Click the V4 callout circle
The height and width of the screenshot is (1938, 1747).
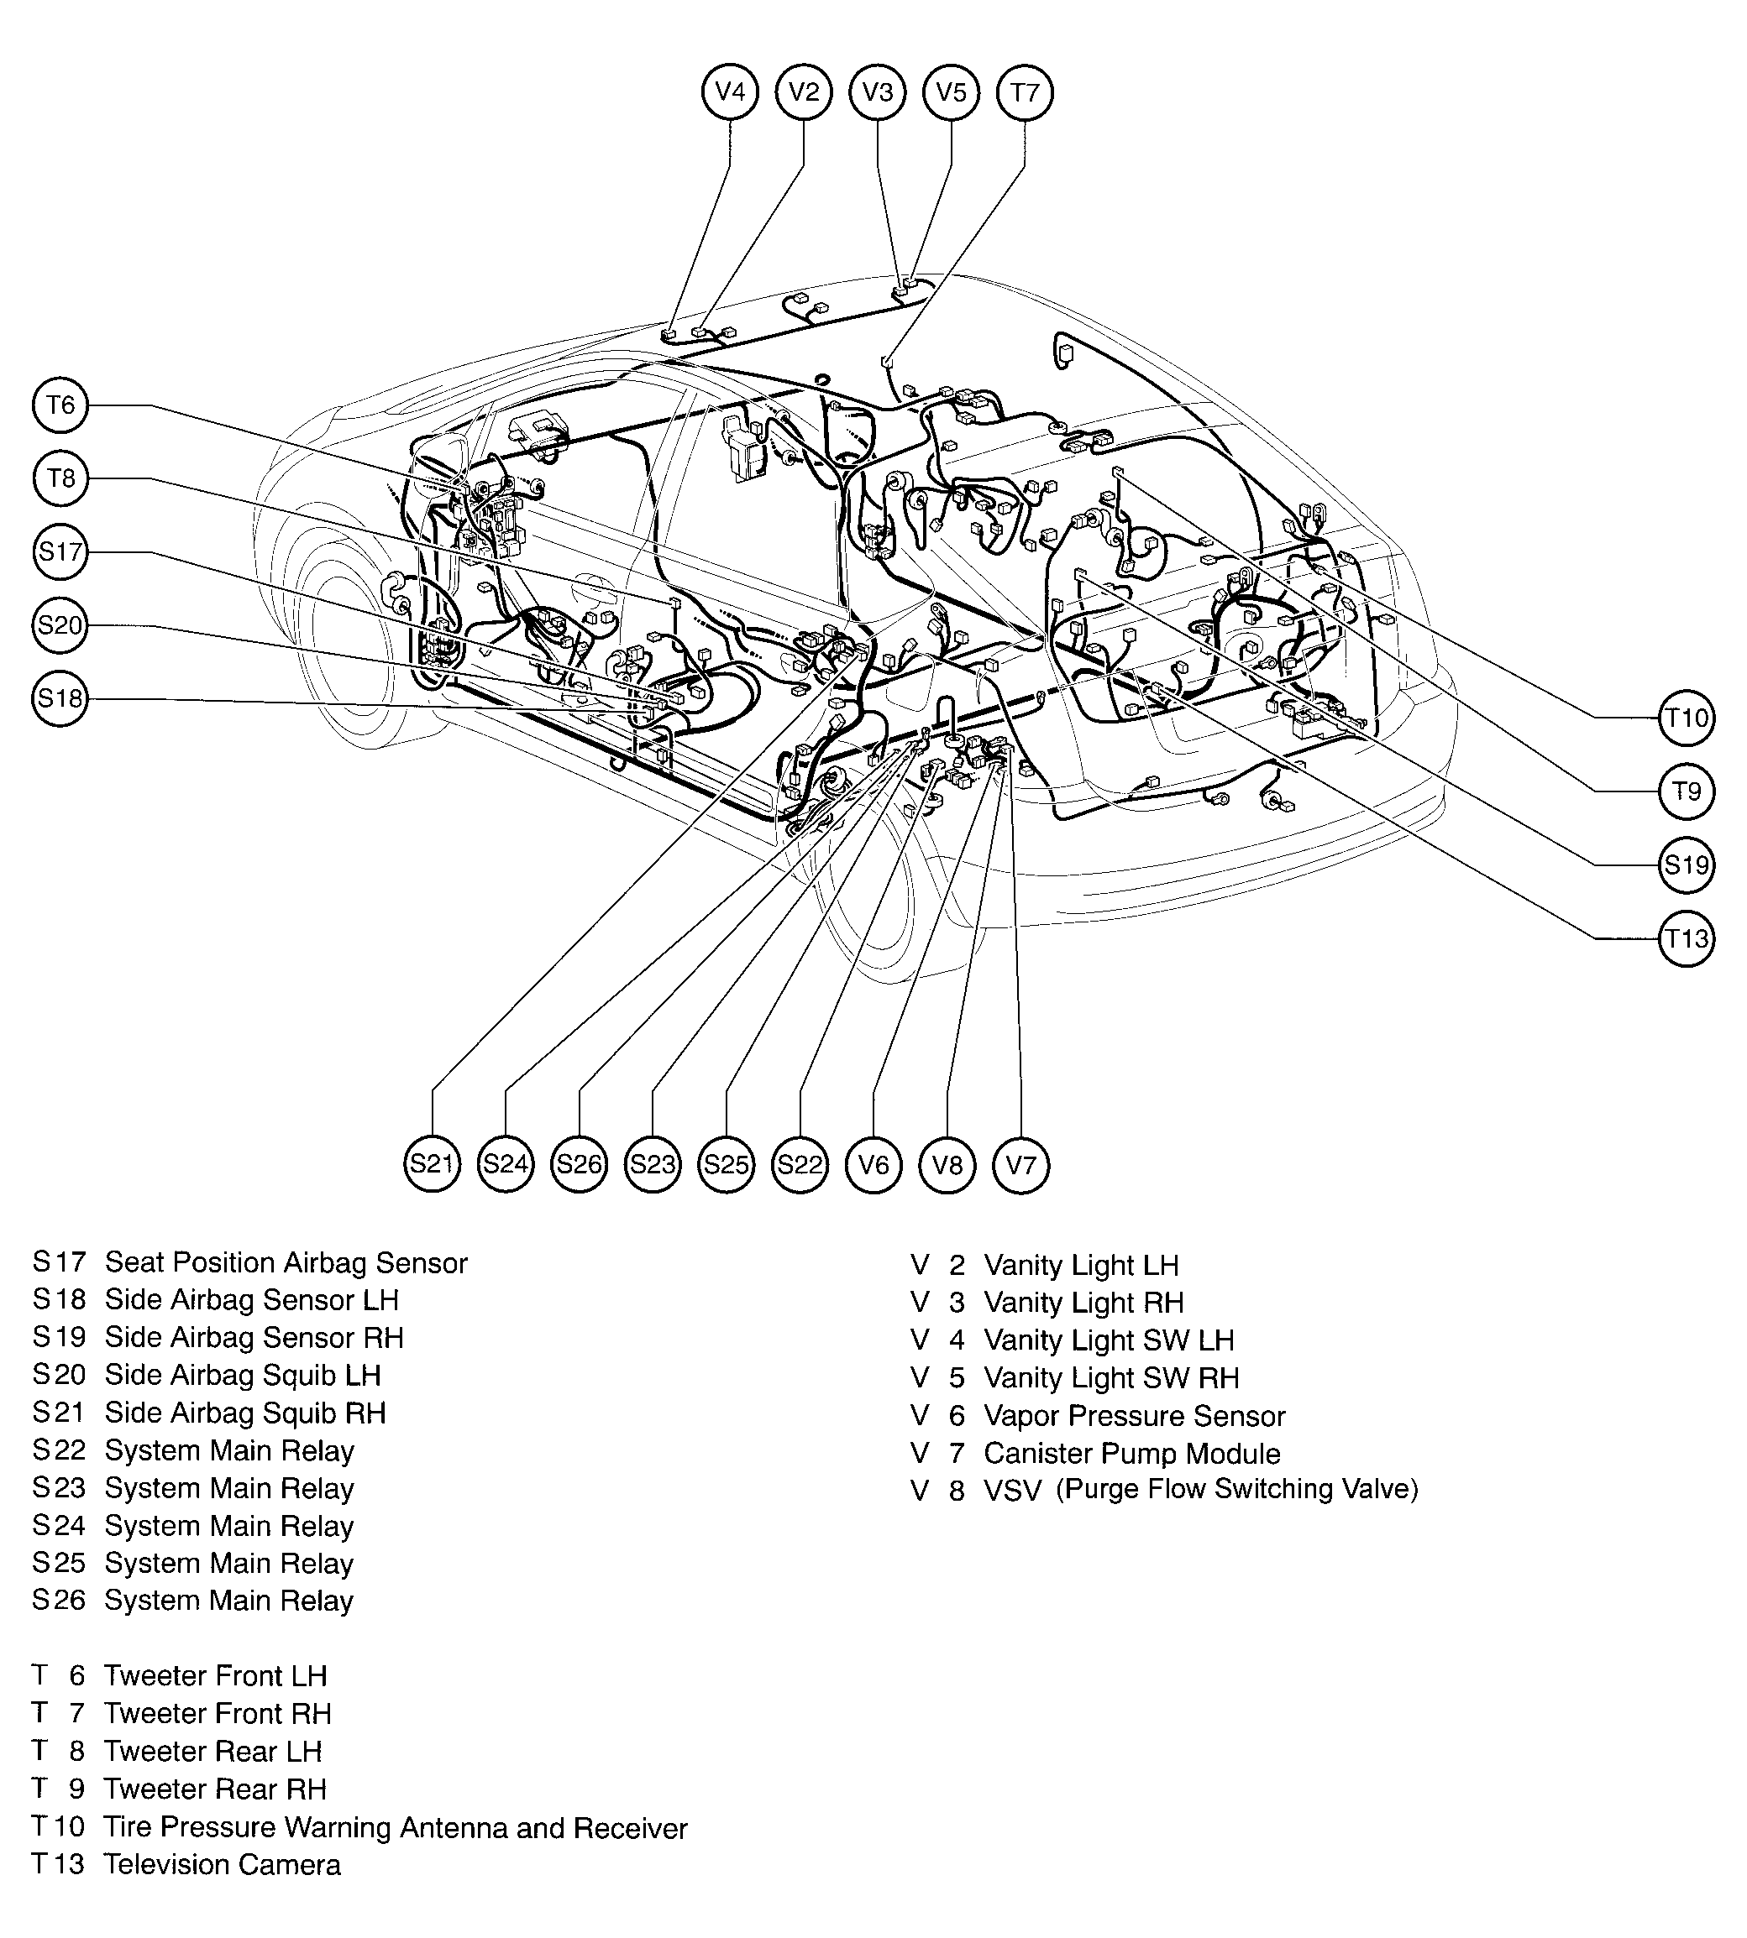pyautogui.click(x=730, y=92)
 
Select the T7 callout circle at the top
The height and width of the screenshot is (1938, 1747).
pyautogui.click(x=1026, y=93)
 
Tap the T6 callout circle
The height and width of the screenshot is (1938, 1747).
pyautogui.click(x=60, y=405)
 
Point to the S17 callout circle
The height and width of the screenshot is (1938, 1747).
pyautogui.click(x=60, y=551)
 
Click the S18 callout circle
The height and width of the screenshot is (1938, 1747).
pyautogui.click(x=60, y=698)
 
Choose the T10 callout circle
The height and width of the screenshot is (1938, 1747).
pyautogui.click(x=1687, y=718)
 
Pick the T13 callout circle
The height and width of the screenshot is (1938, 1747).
pyautogui.click(x=1687, y=938)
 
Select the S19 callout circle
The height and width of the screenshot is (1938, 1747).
pyautogui.click(x=1687, y=865)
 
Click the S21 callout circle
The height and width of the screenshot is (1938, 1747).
pyautogui.click(x=432, y=1165)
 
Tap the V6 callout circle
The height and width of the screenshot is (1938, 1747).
pyautogui.click(x=873, y=1165)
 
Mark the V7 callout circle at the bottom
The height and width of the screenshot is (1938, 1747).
pyautogui.click(x=1020, y=1165)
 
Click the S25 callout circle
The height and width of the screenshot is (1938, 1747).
pyautogui.click(x=726, y=1165)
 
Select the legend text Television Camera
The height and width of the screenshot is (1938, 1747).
pyautogui.click(x=222, y=1865)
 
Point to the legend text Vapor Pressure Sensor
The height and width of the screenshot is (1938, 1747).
pyautogui.click(x=1134, y=1416)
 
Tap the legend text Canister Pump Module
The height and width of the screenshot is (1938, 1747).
pyautogui.click(x=1131, y=1454)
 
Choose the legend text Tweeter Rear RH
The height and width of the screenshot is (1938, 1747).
pyautogui.click(x=215, y=1789)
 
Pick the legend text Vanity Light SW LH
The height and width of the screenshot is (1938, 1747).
pyautogui.click(x=1109, y=1340)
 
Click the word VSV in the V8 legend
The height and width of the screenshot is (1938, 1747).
pyautogui.click(x=1012, y=1491)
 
